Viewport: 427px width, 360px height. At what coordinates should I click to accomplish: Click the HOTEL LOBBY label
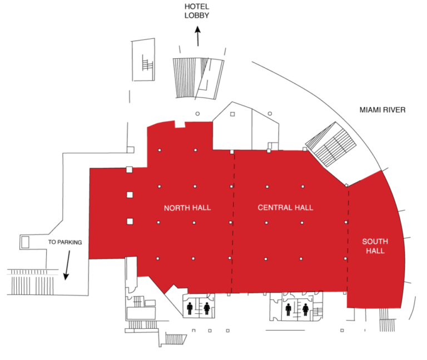(x=197, y=11)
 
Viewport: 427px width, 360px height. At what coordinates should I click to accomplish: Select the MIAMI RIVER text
(x=382, y=109)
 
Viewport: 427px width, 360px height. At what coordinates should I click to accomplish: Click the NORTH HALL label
(x=187, y=208)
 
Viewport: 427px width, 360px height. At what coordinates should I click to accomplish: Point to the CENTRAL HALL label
(x=285, y=208)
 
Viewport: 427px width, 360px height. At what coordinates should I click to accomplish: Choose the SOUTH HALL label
(x=375, y=246)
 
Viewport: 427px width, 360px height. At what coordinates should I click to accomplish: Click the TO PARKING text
(x=65, y=243)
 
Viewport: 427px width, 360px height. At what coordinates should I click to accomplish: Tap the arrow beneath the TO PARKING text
(x=66, y=264)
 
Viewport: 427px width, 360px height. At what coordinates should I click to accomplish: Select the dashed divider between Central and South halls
(x=347, y=239)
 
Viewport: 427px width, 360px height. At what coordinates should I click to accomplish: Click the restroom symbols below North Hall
(x=199, y=306)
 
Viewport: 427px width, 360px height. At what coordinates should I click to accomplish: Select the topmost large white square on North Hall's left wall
(x=129, y=170)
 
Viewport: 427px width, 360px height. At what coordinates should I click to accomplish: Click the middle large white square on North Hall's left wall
(x=130, y=194)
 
